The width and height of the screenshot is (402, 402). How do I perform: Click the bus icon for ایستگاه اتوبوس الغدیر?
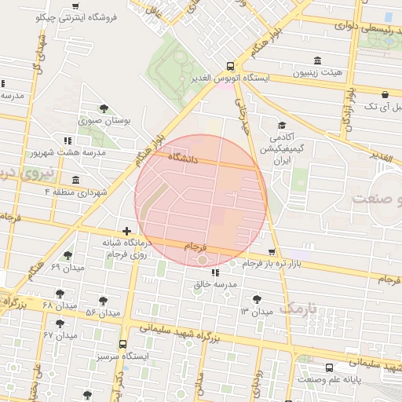click(x=230, y=66)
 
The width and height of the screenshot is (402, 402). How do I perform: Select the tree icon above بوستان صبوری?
click(x=104, y=108)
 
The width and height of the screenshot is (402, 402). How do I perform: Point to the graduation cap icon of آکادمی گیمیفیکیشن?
click(x=281, y=126)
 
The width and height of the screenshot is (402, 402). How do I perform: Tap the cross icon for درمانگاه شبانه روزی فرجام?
click(x=126, y=231)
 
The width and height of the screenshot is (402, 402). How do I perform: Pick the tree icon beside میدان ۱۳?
click(x=258, y=299)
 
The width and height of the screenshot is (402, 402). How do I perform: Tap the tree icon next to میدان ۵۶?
click(x=103, y=300)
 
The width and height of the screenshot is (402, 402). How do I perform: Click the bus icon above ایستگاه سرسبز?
click(x=122, y=344)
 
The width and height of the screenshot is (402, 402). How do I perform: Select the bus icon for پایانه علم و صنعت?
click(x=328, y=367)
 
